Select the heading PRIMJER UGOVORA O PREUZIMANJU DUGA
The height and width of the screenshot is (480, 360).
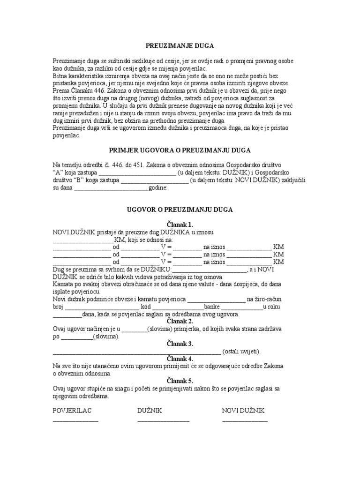click(x=180, y=150)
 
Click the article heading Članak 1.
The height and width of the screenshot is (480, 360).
click(x=180, y=225)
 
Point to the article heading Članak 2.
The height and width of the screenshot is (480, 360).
click(x=180, y=321)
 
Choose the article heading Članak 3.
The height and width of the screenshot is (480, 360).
click(x=180, y=344)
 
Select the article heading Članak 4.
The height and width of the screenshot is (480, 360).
click(x=180, y=359)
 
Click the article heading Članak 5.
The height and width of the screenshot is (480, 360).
click(x=180, y=381)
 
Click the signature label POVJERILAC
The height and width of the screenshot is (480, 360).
click(x=72, y=411)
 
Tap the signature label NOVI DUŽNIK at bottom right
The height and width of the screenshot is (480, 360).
click(x=243, y=411)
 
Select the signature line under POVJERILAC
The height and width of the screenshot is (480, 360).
click(x=75, y=420)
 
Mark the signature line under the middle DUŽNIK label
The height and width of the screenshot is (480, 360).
click(x=163, y=420)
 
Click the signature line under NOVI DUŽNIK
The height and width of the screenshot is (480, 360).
click(x=245, y=420)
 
